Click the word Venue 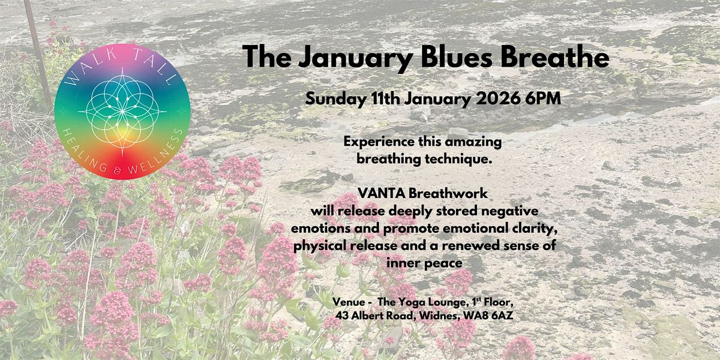(348, 301)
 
